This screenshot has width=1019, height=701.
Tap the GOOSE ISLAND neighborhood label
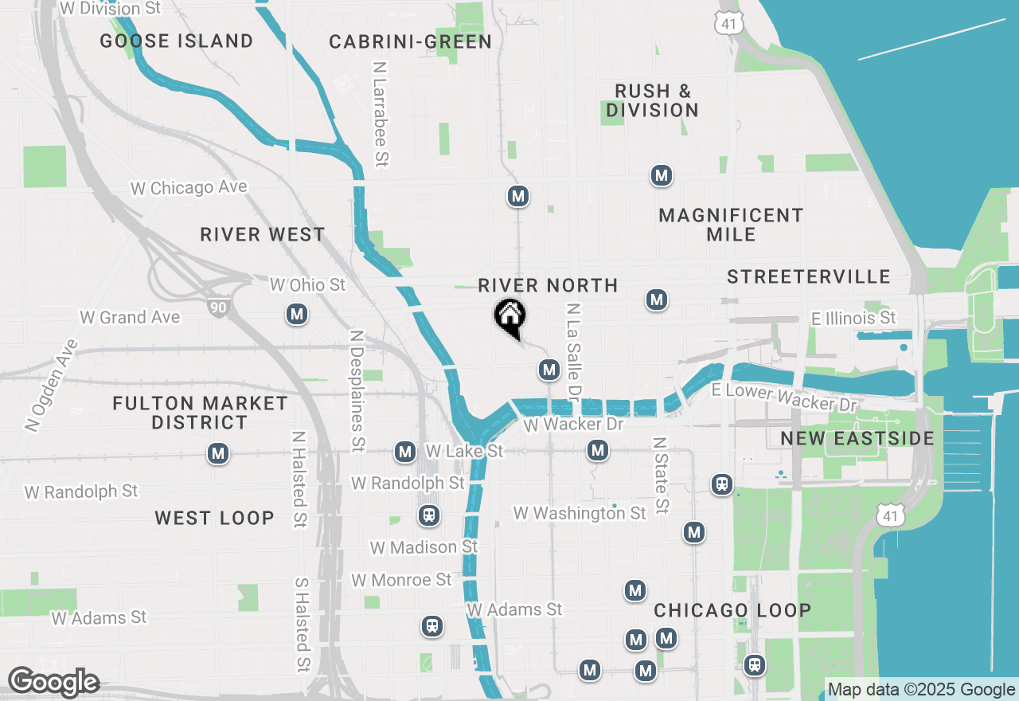coord(177,41)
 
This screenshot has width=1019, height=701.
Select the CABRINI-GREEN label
coord(410,41)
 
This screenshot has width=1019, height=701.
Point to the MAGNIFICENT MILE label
coord(731,225)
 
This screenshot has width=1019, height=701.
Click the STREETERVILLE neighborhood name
coord(808,276)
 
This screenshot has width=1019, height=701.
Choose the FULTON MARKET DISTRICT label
coord(200,413)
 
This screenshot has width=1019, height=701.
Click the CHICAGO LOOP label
coord(732,610)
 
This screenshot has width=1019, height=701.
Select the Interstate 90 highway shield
coord(217,305)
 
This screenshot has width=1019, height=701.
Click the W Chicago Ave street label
coord(189,188)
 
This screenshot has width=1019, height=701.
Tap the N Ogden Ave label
coord(51,386)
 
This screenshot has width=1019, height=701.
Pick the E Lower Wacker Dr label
coord(783,397)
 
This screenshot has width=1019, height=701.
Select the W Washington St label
coord(580,513)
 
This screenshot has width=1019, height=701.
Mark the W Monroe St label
coord(401,579)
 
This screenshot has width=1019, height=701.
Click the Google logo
coord(53,683)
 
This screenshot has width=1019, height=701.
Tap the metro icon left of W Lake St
coord(405,452)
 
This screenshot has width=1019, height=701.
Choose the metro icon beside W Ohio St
coord(297,315)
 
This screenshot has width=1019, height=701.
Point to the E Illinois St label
coord(853,318)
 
